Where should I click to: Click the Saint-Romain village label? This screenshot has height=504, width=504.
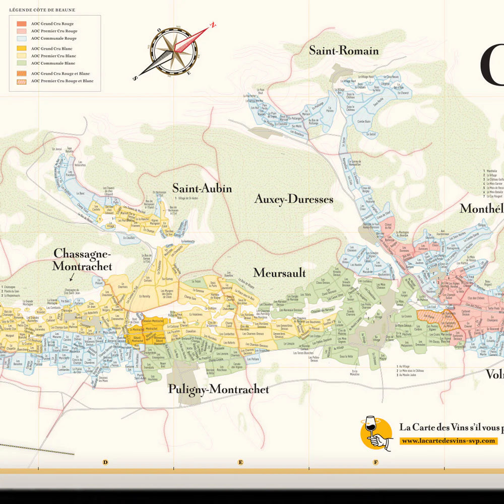point(344,51)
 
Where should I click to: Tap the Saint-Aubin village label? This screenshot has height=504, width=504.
point(202,188)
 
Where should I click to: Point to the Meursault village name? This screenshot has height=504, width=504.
point(280,273)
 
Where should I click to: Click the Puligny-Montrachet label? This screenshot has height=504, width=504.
point(218,389)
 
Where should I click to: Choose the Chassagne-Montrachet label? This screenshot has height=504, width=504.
point(83,260)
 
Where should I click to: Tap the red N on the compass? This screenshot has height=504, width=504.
point(213,24)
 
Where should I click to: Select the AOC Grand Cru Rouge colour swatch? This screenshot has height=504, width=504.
point(22,24)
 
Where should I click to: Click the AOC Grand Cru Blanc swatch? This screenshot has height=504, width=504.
point(22,48)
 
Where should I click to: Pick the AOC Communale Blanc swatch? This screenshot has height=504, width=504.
point(22,63)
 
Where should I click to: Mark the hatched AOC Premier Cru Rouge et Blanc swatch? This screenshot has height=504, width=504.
point(22,81)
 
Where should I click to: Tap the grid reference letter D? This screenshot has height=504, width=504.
point(105,462)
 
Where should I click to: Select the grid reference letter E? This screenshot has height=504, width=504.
point(240,462)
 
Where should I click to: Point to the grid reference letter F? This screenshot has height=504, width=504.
point(375,462)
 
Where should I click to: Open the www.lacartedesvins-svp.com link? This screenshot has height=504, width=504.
point(449,441)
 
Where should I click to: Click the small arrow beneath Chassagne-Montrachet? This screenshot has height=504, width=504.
point(72,276)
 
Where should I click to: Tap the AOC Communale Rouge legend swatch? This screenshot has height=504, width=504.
point(22,38)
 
